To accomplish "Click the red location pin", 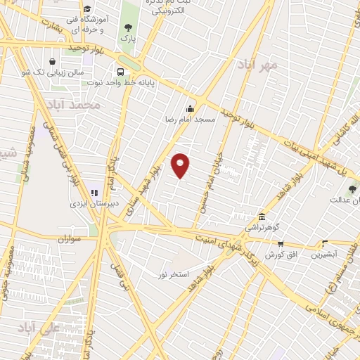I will (x=181, y=165).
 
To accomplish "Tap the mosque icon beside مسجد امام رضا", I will (x=189, y=109).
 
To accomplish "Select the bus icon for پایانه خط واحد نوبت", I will (x=120, y=72).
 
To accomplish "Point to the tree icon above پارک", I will (x=127, y=27).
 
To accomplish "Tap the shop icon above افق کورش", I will (x=281, y=243).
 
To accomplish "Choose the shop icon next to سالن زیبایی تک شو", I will (x=53, y=60).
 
